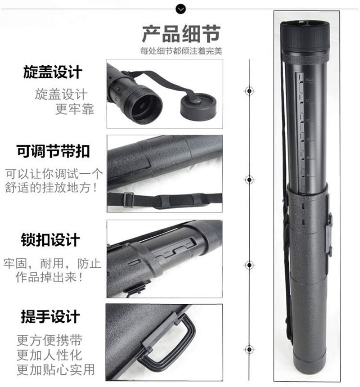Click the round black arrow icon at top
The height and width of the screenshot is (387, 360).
[x=180, y=9]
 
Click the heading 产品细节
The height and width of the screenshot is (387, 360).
[x=181, y=34]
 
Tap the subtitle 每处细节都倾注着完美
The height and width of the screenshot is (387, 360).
[x=181, y=51]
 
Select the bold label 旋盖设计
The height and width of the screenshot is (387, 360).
[x=53, y=72]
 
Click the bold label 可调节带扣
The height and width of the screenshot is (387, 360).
[x=53, y=151]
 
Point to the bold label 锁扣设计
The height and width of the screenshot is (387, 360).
[x=50, y=240]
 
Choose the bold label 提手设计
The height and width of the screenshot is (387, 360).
[x=50, y=317]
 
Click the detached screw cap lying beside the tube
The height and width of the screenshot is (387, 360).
[x=198, y=107]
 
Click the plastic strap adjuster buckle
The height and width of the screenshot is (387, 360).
[x=128, y=199]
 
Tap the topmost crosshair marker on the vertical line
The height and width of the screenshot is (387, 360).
[x=249, y=91]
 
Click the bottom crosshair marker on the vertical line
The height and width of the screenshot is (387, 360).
[x=249, y=350]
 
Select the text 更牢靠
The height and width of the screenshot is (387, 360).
[x=75, y=109]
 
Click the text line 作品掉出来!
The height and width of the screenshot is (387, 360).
[x=49, y=277]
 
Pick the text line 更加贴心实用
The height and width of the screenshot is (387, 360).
[x=56, y=369]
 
